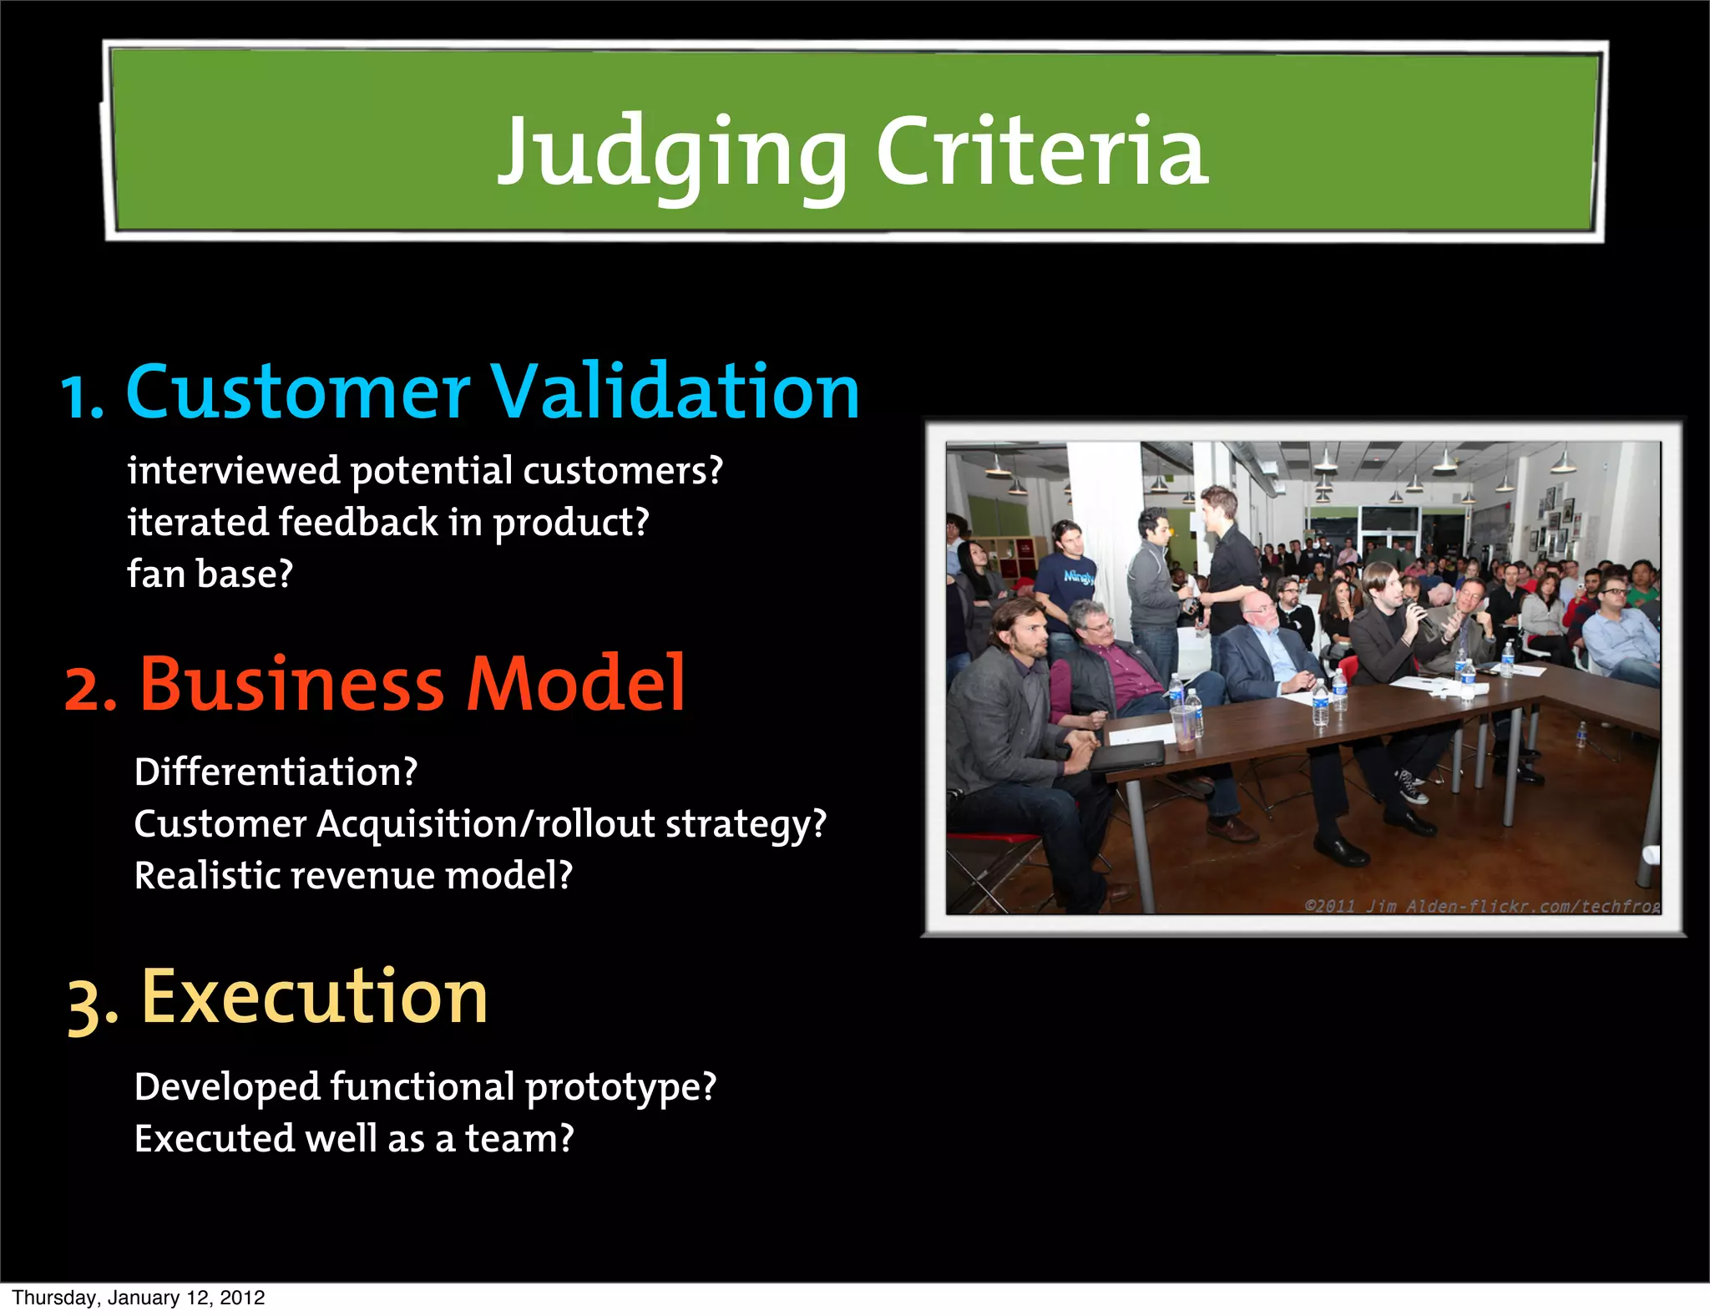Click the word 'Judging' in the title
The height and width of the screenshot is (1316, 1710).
672,154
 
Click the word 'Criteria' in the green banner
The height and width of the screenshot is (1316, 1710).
1041,152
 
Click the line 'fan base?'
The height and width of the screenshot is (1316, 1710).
210,574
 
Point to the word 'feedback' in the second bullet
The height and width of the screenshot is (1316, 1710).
358,523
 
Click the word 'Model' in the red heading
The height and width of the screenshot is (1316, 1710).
575,685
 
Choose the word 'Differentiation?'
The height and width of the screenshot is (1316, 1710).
276,772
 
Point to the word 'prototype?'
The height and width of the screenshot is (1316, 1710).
621,1087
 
